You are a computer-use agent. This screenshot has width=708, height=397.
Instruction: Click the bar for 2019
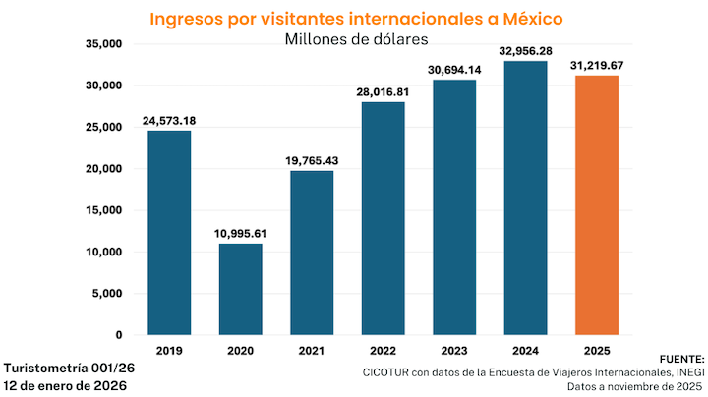169,233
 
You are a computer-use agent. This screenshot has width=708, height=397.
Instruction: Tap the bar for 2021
312,253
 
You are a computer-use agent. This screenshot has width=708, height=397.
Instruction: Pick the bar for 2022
383,218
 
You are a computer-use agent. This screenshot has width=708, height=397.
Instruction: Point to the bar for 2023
453,207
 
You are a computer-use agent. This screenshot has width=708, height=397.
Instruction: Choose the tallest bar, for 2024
525,198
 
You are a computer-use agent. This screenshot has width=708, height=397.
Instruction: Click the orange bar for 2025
596,205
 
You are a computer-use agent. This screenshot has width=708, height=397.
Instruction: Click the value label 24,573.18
169,120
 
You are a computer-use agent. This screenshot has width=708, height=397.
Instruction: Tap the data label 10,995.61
240,233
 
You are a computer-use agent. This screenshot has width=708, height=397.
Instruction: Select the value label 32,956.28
525,50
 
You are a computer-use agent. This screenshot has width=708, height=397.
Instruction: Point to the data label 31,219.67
596,65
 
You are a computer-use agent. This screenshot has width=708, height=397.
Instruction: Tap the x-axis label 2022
383,350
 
